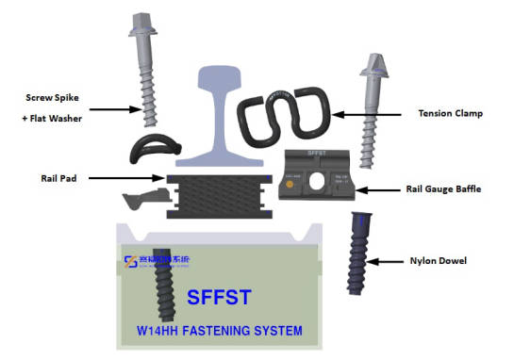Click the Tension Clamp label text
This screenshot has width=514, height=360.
(450, 114)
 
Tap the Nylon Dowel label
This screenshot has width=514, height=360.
(440, 260)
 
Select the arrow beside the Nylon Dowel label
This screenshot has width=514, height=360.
(388, 260)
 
